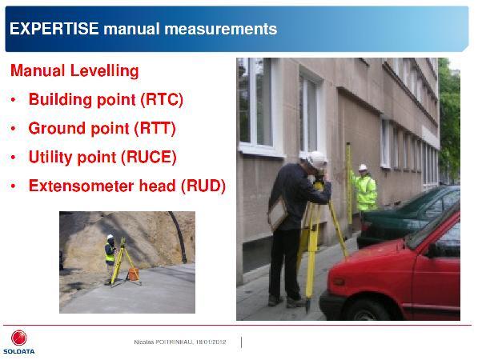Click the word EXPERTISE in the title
coord(54,29)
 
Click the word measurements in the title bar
coord(221,29)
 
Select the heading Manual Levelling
coord(74,70)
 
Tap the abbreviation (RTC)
coord(162,99)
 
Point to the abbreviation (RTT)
coord(155,128)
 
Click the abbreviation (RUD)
coord(203,186)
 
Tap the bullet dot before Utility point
coord(13,158)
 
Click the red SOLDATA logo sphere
coord(19,338)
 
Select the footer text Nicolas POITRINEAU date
coord(180,342)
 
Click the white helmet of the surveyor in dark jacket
coord(315,160)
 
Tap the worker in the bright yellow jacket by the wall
coord(364,188)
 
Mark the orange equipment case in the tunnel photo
coord(134,274)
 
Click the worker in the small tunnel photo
coord(110,258)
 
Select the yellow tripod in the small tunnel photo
coord(123,262)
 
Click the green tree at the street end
coord(449,118)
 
